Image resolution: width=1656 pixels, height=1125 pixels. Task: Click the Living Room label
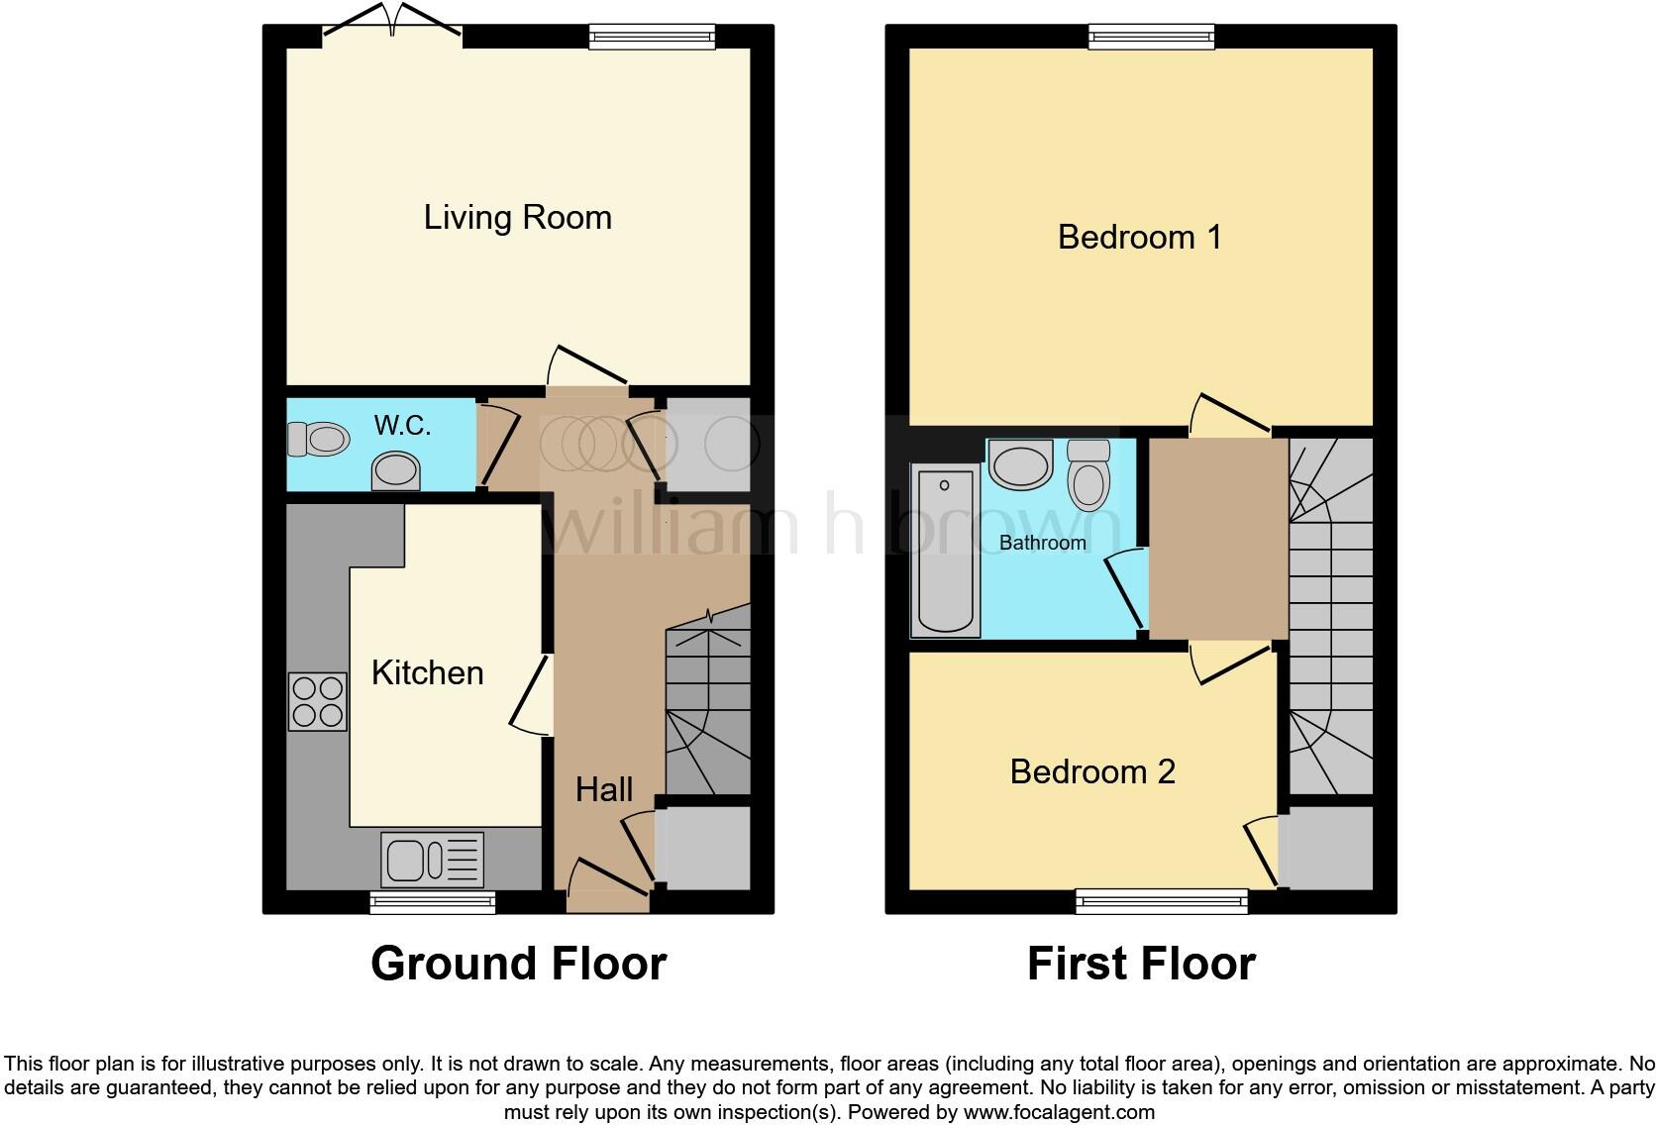[x=517, y=218]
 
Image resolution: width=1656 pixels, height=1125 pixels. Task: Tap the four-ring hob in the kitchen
[x=318, y=701]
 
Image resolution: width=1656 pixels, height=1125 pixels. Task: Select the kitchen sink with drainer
[x=432, y=859]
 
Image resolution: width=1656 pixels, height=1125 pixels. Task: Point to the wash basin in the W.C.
[x=395, y=470]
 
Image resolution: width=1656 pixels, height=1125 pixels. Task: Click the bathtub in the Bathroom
[x=945, y=551]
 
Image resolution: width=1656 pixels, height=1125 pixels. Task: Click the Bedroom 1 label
[x=1139, y=238]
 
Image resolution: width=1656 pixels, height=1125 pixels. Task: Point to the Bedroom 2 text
[x=1092, y=771]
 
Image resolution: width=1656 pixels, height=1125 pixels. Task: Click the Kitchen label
[x=427, y=673]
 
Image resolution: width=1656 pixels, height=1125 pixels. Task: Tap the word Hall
[x=604, y=789]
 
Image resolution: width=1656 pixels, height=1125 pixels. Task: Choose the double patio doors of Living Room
[x=393, y=30]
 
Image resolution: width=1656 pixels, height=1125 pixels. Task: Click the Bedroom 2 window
[x=1161, y=900]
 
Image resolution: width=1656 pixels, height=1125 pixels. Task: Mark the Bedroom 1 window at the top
[x=1151, y=37]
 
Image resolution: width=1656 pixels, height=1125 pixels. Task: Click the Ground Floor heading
[x=518, y=964]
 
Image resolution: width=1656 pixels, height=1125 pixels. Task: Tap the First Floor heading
[x=1141, y=964]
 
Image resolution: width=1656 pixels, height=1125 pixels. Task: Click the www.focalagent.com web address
[x=1059, y=1112]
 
